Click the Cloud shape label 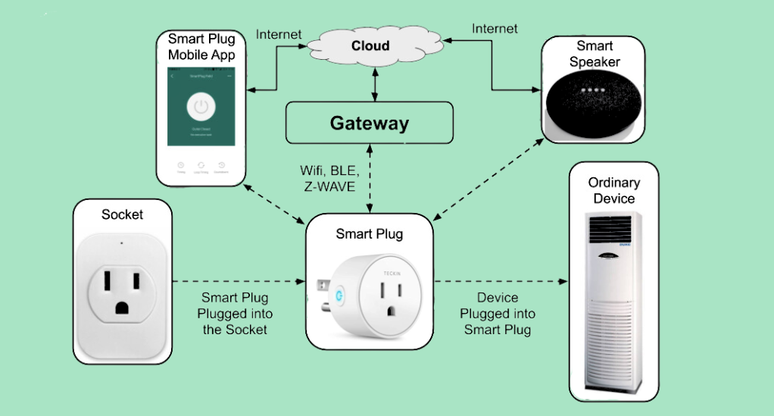coord(370,45)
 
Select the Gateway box coord(369,123)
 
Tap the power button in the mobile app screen coord(201,108)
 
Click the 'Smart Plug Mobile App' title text coord(201,46)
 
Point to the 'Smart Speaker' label coord(594,54)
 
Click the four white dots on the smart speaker coord(593,89)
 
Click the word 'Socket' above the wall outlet coord(122,214)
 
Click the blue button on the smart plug coord(339,290)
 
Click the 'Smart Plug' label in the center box coord(369,234)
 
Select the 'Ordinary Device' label coord(613,190)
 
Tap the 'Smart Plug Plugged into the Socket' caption coord(235,314)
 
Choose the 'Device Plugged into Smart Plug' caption coord(497,314)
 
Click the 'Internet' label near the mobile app coord(279,34)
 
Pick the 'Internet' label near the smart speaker coord(495,29)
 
